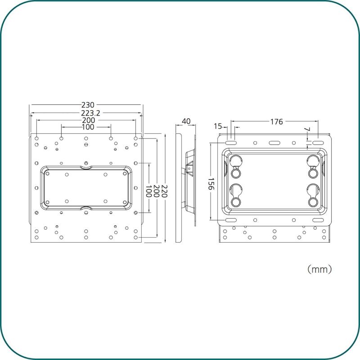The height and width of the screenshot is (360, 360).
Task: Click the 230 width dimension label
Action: pos(88,105)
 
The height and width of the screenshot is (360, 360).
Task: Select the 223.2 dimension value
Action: pos(90,113)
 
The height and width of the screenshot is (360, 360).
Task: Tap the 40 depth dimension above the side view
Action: pos(186,121)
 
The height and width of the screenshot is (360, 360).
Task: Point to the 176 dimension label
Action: pos(276,121)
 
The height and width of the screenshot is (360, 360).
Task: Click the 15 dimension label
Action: pos(218,126)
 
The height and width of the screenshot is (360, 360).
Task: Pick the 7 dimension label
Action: pos(307,129)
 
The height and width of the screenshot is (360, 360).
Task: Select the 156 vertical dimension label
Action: pos(211,184)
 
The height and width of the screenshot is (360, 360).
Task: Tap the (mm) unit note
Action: pos(319,269)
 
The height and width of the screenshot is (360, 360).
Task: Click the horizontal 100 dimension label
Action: pos(88,127)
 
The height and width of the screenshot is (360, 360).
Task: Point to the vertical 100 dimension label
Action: pos(148,191)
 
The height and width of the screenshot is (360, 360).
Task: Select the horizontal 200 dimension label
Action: pos(89,120)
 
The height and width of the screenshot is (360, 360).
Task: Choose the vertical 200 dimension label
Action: pos(156,191)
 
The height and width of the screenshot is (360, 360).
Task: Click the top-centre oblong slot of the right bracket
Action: pos(274,143)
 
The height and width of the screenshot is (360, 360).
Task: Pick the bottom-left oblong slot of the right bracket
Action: pos(231,220)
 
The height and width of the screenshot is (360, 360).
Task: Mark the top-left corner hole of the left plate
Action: pos(36,139)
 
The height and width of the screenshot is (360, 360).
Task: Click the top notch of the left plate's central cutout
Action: pos(86,167)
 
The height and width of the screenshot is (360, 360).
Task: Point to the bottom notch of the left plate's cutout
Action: pos(86,208)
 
